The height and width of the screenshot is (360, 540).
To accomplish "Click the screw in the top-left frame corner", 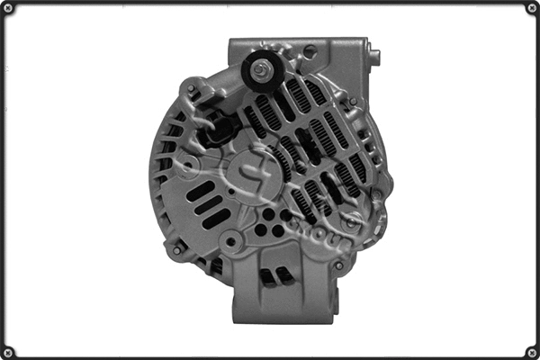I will (x=9, y=9).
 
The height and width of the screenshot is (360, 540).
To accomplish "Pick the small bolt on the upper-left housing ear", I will (x=191, y=88).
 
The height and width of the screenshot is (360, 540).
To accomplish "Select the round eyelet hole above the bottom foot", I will (x=232, y=241).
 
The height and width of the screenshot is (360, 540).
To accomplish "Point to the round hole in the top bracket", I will (x=310, y=51).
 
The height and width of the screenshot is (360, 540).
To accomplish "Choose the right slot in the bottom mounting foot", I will (x=286, y=275).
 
